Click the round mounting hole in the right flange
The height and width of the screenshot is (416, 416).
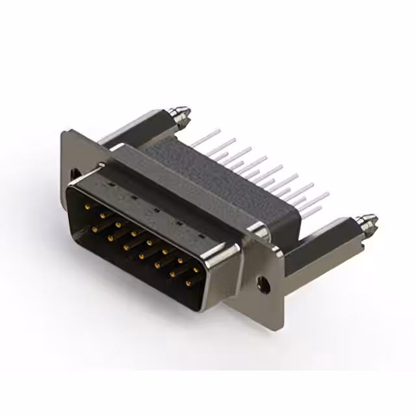[x=263, y=283]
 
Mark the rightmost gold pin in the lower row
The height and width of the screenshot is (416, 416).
[x=189, y=283]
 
